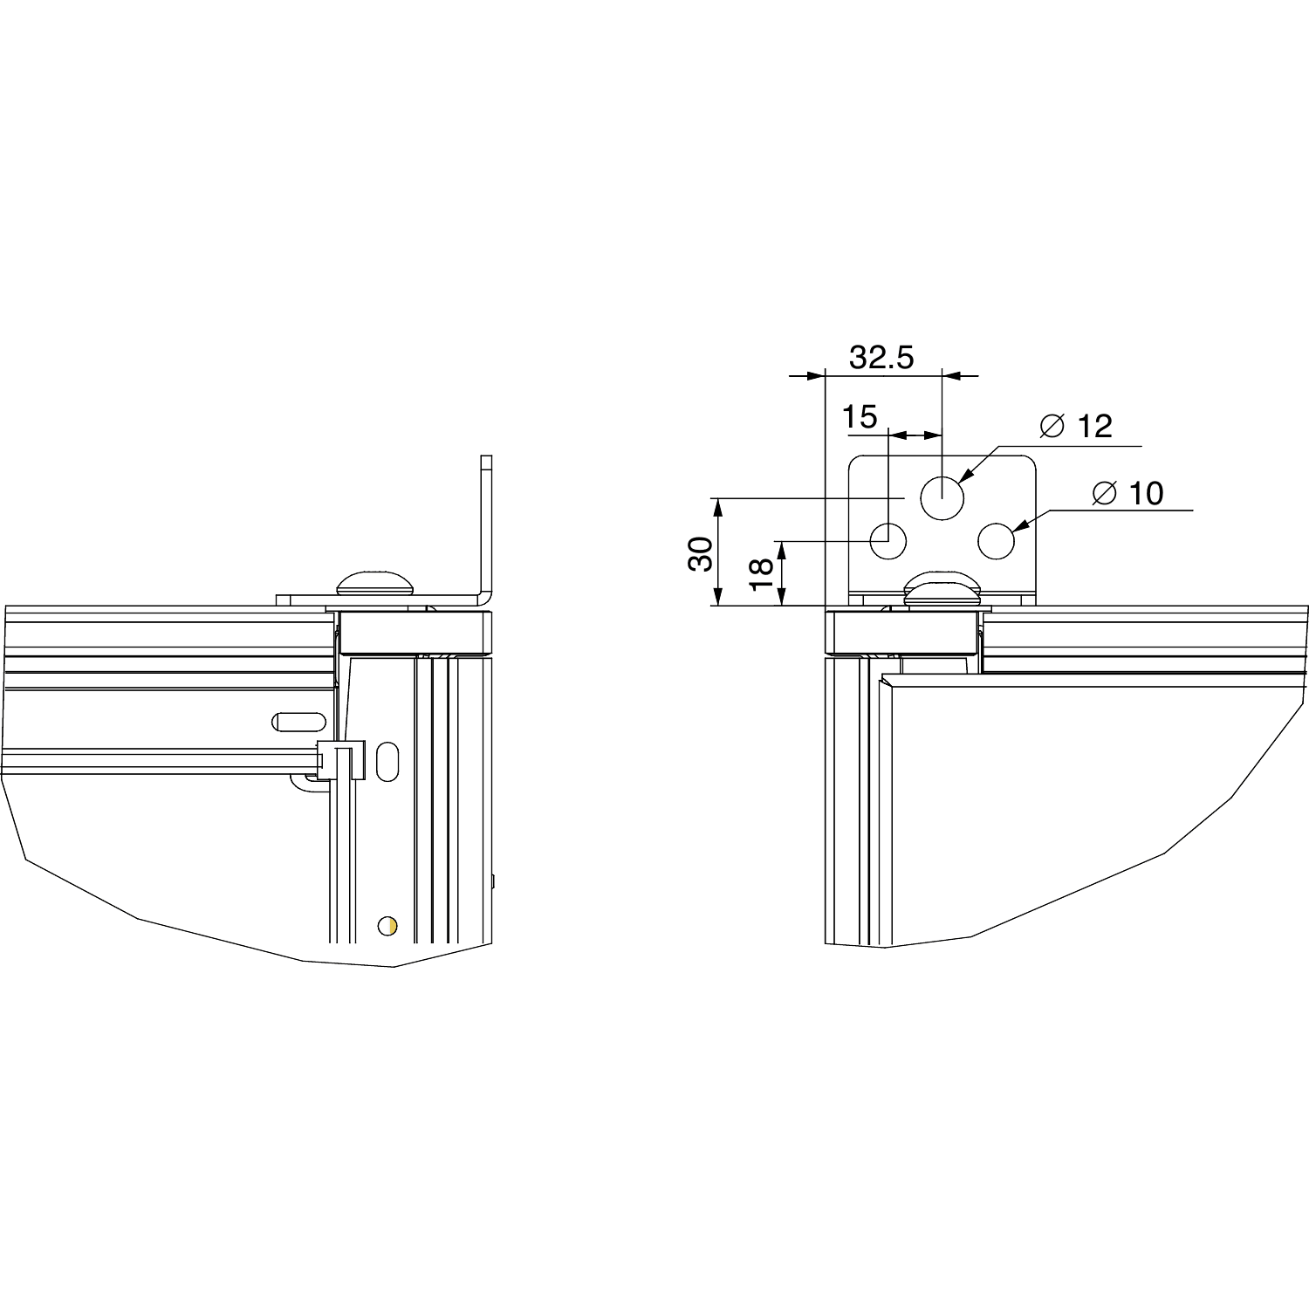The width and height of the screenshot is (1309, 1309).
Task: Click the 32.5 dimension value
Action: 881,357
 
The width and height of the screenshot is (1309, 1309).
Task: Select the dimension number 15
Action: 860,417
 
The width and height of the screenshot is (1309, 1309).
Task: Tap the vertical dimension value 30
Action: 701,553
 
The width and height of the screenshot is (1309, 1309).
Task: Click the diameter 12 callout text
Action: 1077,427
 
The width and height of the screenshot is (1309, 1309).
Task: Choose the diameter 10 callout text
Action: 1127,493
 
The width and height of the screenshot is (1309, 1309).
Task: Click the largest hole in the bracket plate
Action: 942,498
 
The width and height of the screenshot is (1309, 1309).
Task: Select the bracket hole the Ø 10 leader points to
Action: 996,541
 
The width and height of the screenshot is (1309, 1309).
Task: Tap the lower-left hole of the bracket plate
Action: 889,541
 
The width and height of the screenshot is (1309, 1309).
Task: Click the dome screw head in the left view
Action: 376,582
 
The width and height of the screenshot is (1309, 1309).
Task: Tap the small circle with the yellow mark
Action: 386,925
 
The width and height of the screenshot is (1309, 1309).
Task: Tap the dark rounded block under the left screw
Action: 415,634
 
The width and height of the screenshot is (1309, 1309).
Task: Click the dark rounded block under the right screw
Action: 903,634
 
